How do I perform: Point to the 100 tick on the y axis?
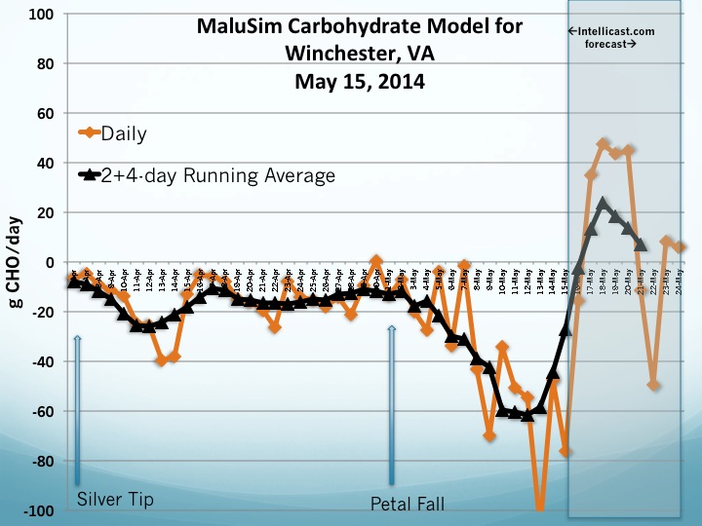tap(42, 15)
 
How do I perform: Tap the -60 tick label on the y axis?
tap(42, 411)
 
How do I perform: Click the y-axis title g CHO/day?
tap(17, 263)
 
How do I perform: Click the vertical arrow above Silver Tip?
tap(77, 409)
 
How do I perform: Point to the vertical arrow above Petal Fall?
tap(392, 404)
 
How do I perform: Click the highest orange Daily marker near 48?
tap(604, 144)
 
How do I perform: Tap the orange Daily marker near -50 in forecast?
tap(653, 385)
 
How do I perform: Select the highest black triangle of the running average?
tap(604, 204)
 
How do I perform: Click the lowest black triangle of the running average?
tap(527, 415)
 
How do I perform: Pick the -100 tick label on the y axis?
tap(39, 510)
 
